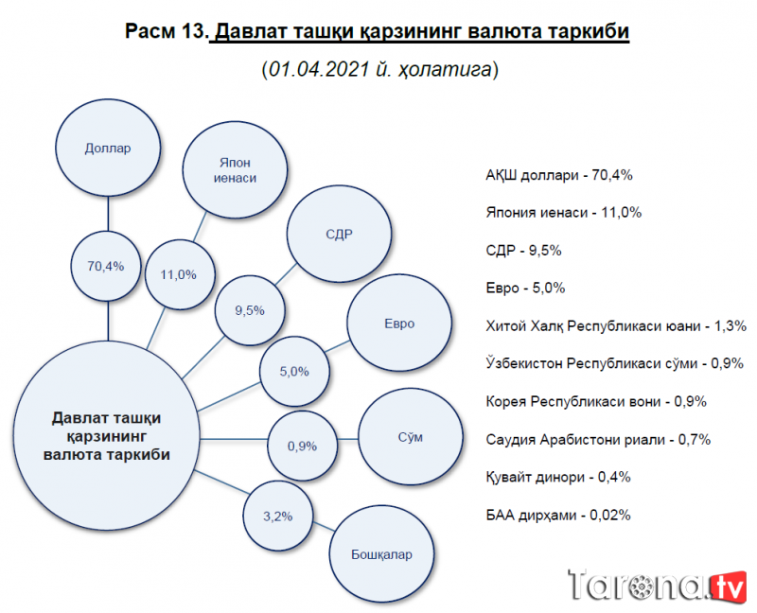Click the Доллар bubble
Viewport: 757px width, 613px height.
[107, 149]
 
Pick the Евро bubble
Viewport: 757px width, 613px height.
[398, 324]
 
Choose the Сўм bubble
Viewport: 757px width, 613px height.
[409, 438]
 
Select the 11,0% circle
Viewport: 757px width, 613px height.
[178, 274]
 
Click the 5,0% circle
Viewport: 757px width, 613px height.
[295, 372]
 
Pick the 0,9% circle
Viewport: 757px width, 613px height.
[302, 445]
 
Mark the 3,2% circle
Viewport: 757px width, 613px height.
[277, 516]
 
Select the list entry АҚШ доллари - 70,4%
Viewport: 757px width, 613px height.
[558, 175]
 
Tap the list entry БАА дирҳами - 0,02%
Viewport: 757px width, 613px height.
[557, 515]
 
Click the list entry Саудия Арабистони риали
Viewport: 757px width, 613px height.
[597, 439]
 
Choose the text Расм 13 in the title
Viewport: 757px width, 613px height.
[165, 32]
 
